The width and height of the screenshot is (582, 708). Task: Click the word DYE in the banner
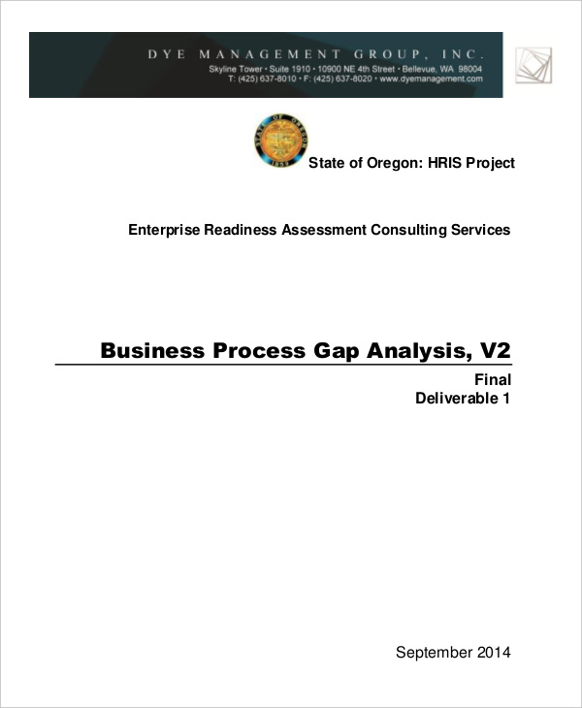coord(166,54)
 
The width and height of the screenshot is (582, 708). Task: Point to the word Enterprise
coord(166,230)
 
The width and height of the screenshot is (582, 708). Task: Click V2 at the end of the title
coord(493,350)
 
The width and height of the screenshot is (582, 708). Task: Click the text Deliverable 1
coord(463,398)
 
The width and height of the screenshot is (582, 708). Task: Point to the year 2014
coord(493,652)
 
